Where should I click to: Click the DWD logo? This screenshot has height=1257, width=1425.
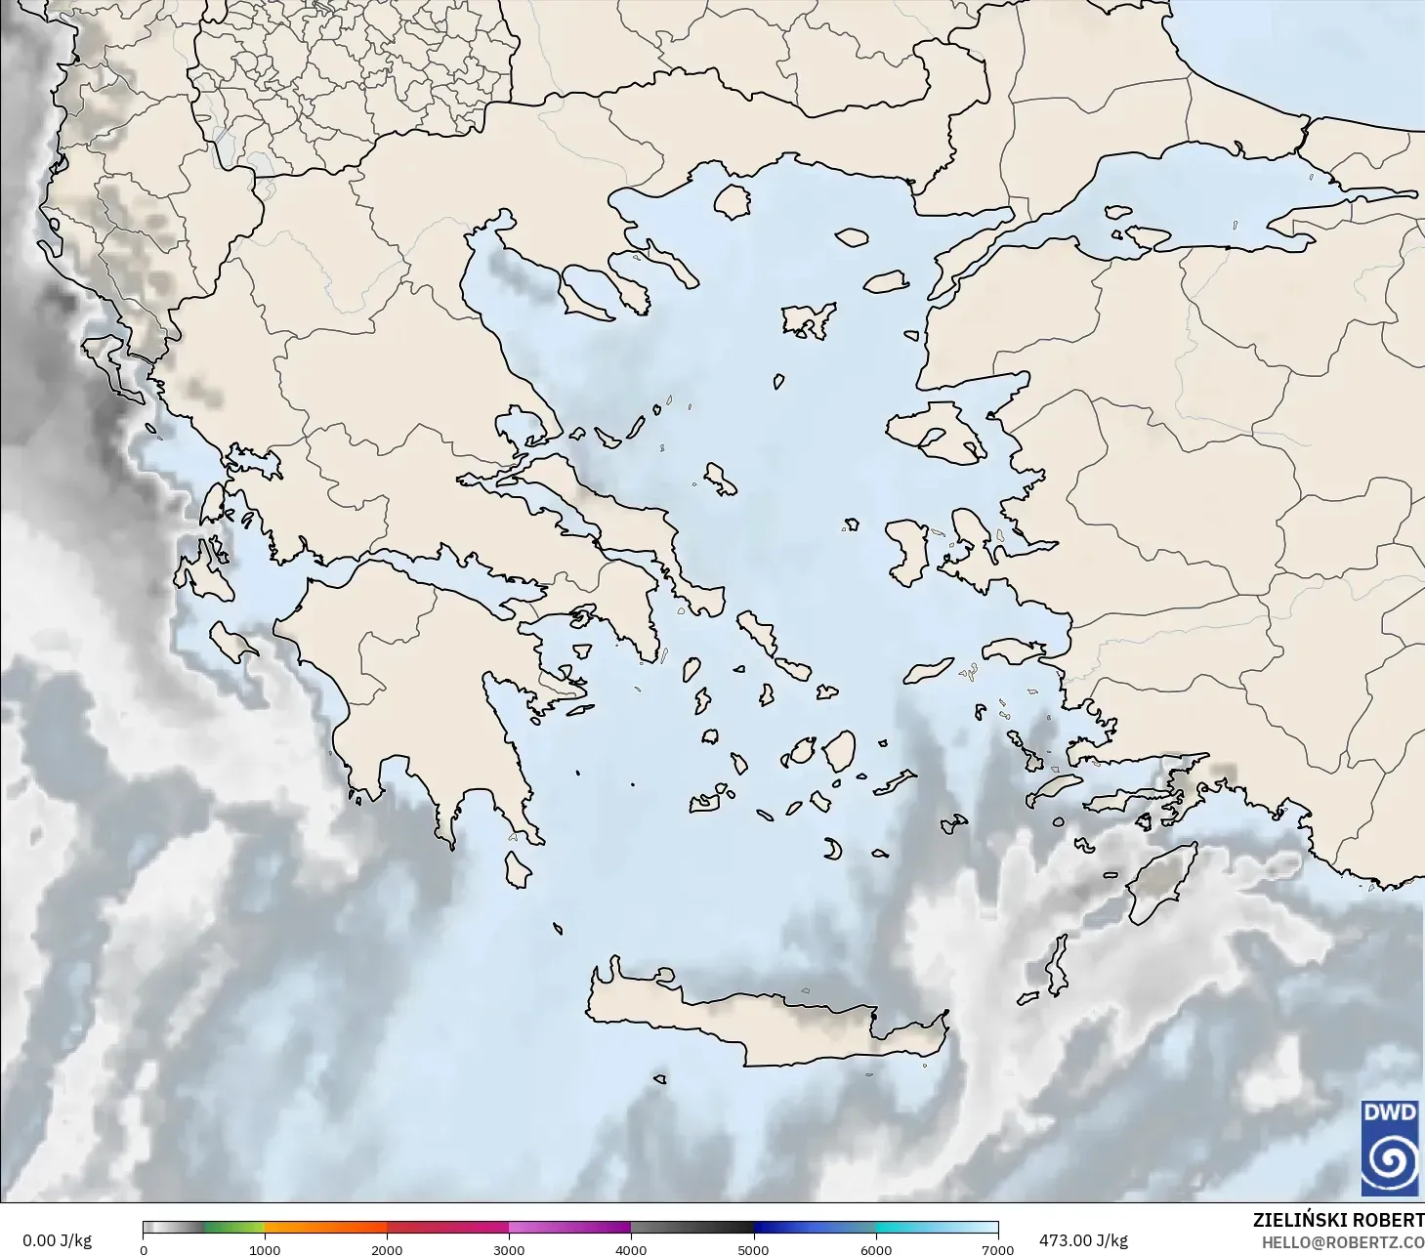[x=1390, y=1147]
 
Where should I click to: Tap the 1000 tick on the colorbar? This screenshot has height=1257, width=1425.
[x=265, y=1249]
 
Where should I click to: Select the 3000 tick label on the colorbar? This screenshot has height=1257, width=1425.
[x=509, y=1249]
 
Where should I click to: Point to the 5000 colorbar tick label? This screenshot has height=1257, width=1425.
[x=753, y=1249]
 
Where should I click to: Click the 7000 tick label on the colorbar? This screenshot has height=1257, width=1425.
[x=997, y=1249]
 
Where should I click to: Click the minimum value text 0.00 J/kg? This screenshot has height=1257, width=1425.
[x=57, y=1240]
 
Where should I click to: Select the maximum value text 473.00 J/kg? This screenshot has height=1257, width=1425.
[x=1083, y=1240]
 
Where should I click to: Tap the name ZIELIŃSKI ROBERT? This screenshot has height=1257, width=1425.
[x=1338, y=1220]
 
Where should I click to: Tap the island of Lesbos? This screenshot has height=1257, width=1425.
[x=933, y=430]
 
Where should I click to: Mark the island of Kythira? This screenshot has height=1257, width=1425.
[x=517, y=869]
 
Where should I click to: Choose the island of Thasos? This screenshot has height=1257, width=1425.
[x=732, y=201]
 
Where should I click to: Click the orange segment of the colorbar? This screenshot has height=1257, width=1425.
[x=325, y=1228]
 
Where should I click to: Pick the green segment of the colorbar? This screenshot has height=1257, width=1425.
[x=234, y=1228]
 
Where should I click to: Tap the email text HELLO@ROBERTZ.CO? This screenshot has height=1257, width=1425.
[x=1342, y=1242]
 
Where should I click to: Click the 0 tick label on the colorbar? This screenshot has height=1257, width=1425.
[x=144, y=1249]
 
